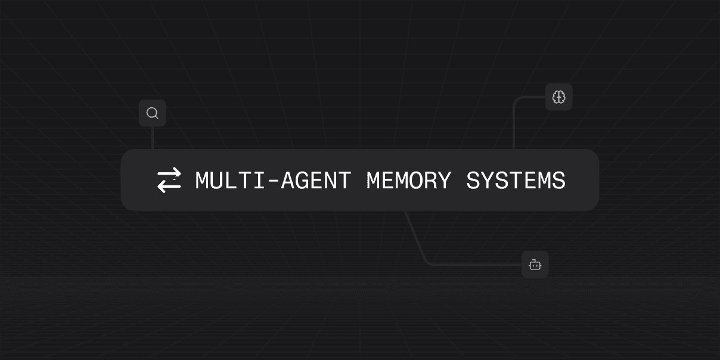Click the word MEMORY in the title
[408, 180]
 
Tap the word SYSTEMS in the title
[516, 180]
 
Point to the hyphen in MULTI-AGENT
[273, 181]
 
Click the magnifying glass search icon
[152, 113]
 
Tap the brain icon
[558, 97]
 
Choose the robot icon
[535, 265]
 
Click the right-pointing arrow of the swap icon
[169, 173]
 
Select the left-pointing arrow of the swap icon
[169, 187]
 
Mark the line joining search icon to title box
[153, 138]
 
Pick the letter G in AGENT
[302, 180]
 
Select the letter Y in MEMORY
[444, 180]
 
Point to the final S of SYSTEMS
[558, 180]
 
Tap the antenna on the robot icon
[535, 260]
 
